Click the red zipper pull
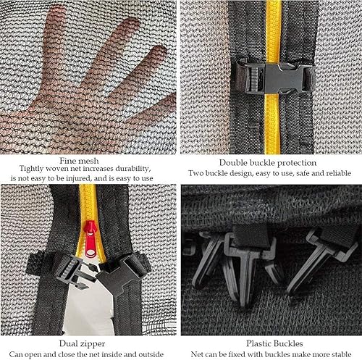pyautogui.click(x=90, y=239)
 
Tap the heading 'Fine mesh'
pyautogui.click(x=79, y=161)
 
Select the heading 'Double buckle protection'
pyautogui.click(x=268, y=163)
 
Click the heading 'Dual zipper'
pyautogui.click(x=82, y=343)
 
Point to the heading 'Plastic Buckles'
pyautogui.click(x=274, y=343)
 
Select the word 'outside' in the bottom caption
pyautogui.click(x=151, y=354)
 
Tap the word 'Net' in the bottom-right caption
pyautogui.click(x=196, y=354)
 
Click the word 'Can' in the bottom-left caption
pyautogui.click(x=15, y=354)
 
